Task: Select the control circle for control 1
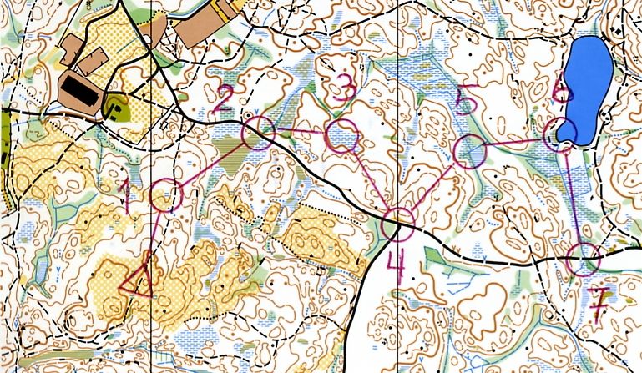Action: pos(166,195)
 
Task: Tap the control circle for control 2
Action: pos(259,134)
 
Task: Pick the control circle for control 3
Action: pos(341,136)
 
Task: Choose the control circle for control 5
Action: pos(469,151)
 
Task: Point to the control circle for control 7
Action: pos(583,260)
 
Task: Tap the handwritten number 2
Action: pos(222,102)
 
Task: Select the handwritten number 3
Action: pos(340,88)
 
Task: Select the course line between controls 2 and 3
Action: pos(299,132)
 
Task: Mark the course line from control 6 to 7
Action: pos(573,200)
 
